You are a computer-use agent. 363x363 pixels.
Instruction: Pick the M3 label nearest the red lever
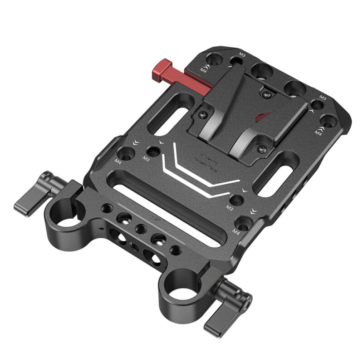(242, 55)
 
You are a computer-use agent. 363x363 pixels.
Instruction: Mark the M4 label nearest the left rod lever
(119, 161)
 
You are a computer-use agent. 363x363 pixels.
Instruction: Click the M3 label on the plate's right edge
(323, 97)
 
